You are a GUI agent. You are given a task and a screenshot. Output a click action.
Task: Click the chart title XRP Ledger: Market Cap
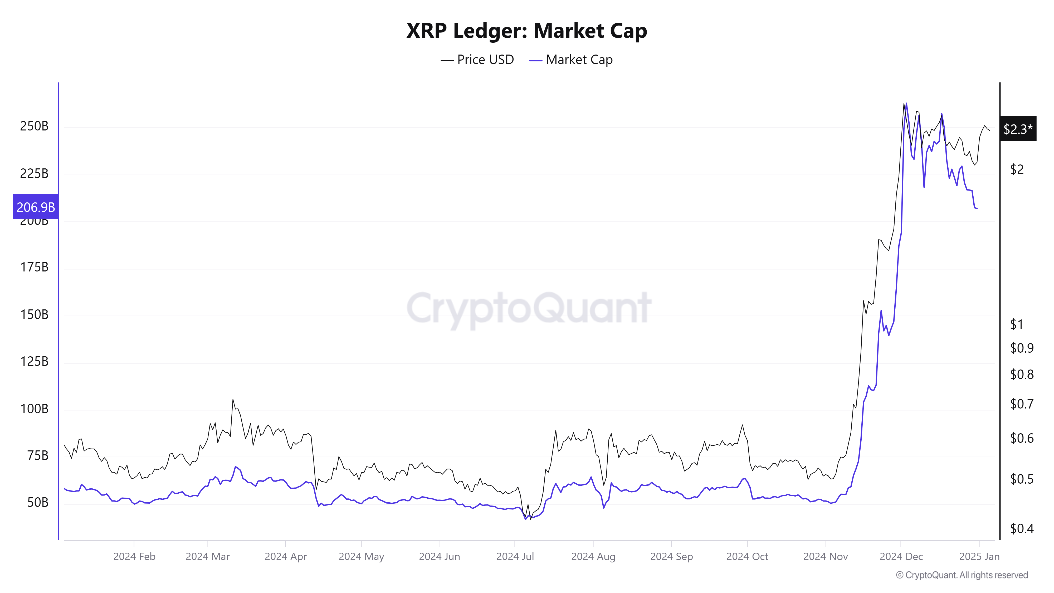coord(526,31)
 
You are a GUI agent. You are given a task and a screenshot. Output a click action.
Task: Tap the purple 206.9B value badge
coord(36,207)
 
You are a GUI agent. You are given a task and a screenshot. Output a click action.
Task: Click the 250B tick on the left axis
coord(34,126)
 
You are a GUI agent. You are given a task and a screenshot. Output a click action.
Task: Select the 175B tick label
coord(34,267)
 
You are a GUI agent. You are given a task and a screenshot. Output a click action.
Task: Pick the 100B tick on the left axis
coord(34,409)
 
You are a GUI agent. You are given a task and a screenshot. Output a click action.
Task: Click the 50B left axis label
coord(38,503)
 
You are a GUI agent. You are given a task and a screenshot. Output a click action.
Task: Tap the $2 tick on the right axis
coord(1017,169)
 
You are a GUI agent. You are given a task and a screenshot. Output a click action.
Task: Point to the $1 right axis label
coord(1017,324)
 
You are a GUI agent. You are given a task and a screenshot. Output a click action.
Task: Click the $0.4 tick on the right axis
coord(1022,529)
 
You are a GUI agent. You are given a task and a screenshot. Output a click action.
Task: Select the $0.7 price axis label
coord(1022,404)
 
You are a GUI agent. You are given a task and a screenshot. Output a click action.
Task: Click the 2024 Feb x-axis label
coord(134,557)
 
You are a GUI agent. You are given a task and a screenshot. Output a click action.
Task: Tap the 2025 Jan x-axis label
coord(979,557)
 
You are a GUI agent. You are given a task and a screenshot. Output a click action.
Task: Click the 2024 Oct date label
coord(747,557)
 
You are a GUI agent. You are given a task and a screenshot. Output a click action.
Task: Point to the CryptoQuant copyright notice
coord(962,575)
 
